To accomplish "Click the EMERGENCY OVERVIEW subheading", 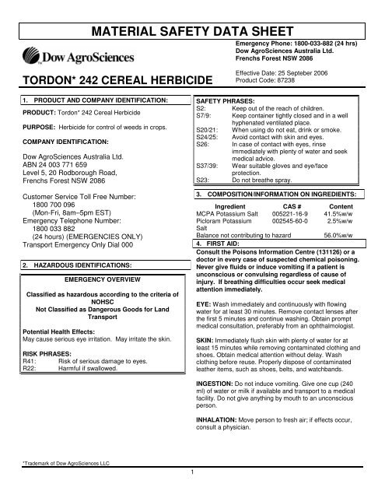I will tap(96, 278).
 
